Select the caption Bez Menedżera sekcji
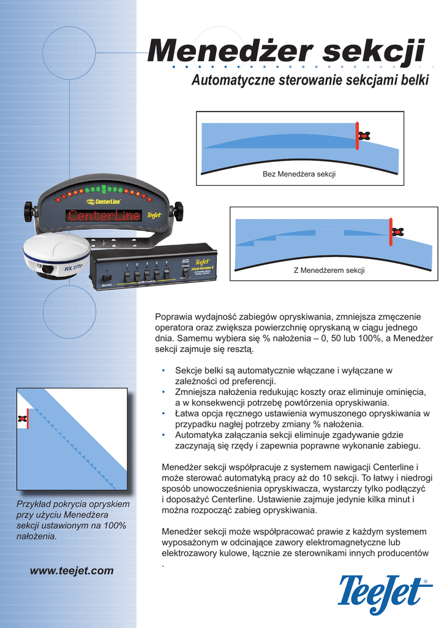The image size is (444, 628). coord(299,175)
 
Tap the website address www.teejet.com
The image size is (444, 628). coord(72,570)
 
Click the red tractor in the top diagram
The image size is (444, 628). coord(365,136)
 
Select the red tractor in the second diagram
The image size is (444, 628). coord(398,232)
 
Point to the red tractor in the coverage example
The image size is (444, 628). coord(23,418)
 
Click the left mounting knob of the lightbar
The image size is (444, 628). coord(28,212)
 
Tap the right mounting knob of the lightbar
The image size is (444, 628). coord(178,211)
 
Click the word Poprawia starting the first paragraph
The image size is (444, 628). coord(175,317)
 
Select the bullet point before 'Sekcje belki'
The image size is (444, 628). coord(163,371)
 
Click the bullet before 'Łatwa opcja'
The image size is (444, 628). coord(163,414)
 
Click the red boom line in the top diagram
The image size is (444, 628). coord(356,136)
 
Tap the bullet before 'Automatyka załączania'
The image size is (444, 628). coord(163,435)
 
